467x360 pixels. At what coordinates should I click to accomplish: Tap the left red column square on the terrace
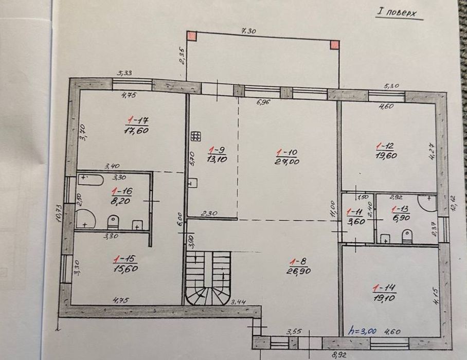(191, 36)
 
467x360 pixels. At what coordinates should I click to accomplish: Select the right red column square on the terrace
(335, 44)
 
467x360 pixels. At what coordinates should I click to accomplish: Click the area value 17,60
(136, 130)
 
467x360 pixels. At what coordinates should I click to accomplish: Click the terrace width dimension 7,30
(248, 31)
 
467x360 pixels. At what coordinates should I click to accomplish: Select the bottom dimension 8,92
(338, 354)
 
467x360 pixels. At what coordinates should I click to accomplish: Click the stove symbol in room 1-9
(195, 136)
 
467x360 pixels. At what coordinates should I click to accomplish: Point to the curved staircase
(207, 280)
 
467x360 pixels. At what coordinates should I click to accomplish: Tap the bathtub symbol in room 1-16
(91, 179)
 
